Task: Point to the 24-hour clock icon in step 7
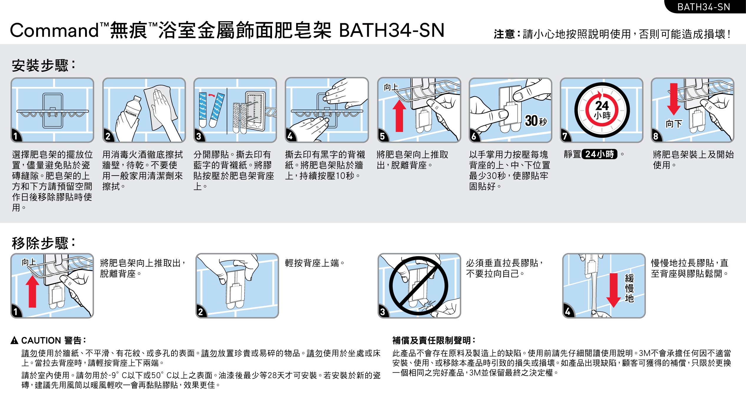[x=602, y=110]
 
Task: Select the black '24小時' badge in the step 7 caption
[x=599, y=154]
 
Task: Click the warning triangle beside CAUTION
[x=14, y=340]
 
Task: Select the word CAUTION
[x=41, y=340]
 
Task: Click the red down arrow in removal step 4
[x=614, y=290]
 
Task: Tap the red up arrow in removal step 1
[x=32, y=292]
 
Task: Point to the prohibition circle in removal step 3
[x=419, y=286]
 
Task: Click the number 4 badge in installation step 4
[x=291, y=136]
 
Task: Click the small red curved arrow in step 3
[x=211, y=95]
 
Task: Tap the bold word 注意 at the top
[x=504, y=34]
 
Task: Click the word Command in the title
[x=54, y=31]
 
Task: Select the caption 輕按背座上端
[x=314, y=263]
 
